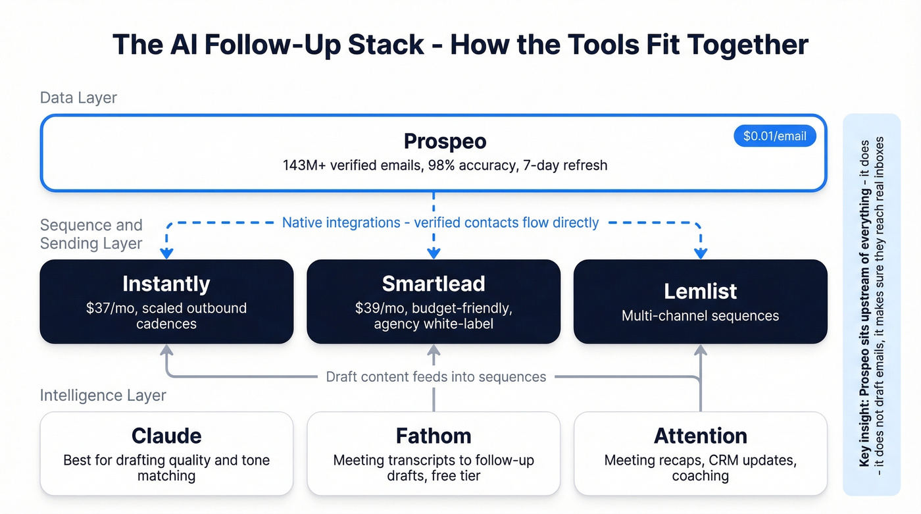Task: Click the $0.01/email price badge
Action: point(774,136)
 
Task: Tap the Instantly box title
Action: point(166,284)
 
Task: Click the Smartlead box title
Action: point(434,284)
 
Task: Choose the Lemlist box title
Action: point(700,291)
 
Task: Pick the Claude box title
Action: point(166,436)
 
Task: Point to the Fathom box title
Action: point(434,436)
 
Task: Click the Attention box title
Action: point(700,436)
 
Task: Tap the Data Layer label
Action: point(78,98)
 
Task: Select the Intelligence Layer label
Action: point(103,396)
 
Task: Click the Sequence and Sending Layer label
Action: point(91,234)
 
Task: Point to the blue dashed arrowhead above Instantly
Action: point(166,253)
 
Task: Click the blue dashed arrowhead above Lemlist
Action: point(701,253)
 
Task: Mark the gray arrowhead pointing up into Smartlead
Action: point(434,351)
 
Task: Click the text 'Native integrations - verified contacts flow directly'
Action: point(440,222)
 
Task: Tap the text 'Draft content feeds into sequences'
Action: point(436,377)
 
